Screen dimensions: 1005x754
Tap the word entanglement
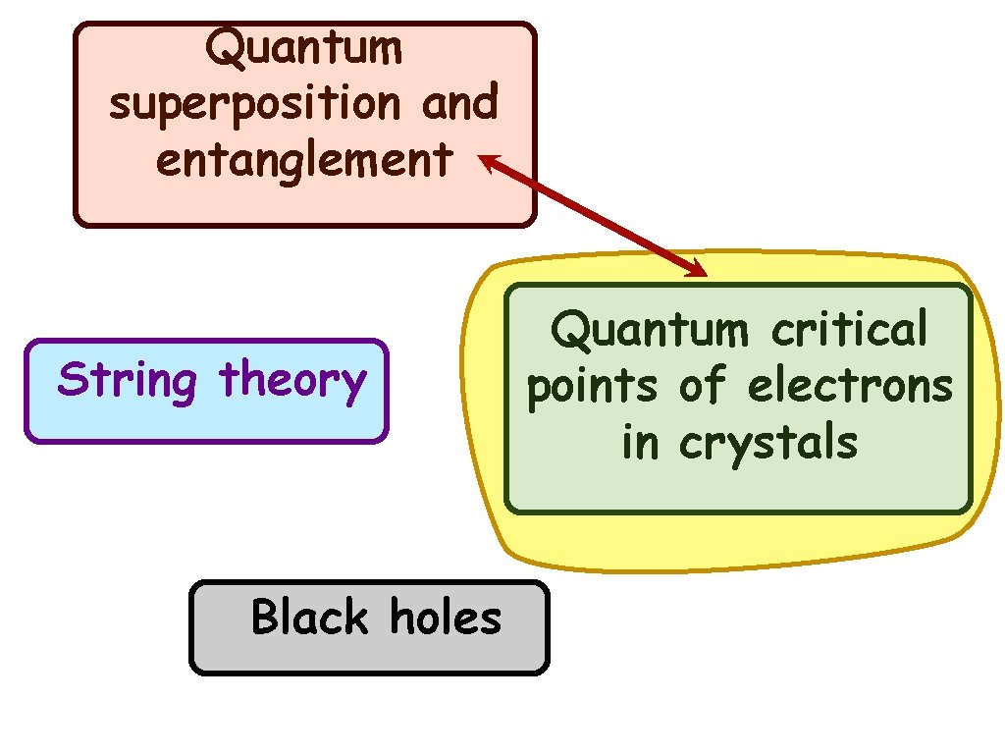tap(304, 159)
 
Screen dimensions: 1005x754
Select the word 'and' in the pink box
tap(460, 102)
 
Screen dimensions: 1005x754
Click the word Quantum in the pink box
tap(304, 46)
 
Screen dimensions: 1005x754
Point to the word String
tap(128, 380)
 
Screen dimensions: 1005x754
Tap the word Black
tap(309, 618)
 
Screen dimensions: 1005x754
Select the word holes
tap(446, 618)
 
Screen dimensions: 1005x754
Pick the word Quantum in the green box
tap(648, 329)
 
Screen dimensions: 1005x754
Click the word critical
tap(848, 329)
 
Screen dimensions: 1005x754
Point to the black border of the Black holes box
tap(191, 628)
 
